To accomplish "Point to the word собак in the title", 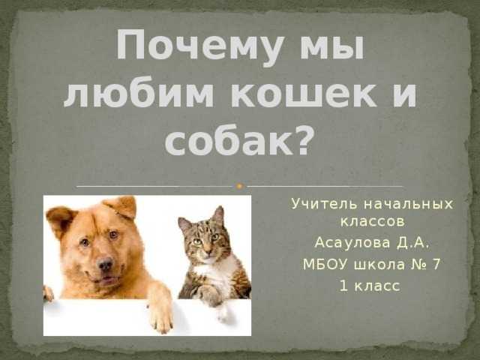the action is point(229,140).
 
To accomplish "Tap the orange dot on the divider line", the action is point(240,186).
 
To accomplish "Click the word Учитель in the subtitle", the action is point(324,204).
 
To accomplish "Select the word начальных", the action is point(409,204).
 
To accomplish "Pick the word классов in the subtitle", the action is point(373,222).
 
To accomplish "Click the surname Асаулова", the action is point(352,243).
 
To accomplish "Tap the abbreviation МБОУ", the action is point(325,265).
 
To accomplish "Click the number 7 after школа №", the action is point(436,265).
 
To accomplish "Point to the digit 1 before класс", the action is point(344,286).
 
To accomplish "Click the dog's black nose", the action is point(105,264).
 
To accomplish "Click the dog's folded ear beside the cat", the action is point(121,206).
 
